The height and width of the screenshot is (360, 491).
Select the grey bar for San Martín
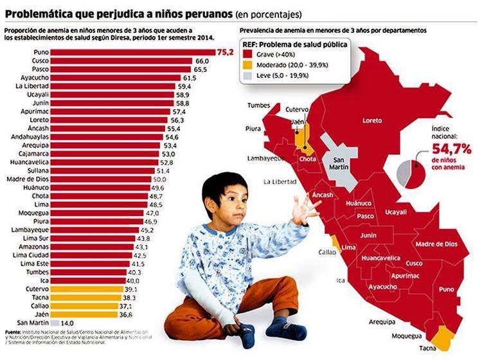pyautogui.click(x=55, y=323)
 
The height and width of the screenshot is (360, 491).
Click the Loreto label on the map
pyautogui.click(x=372, y=121)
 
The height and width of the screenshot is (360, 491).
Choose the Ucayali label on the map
pyautogui.click(x=396, y=212)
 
